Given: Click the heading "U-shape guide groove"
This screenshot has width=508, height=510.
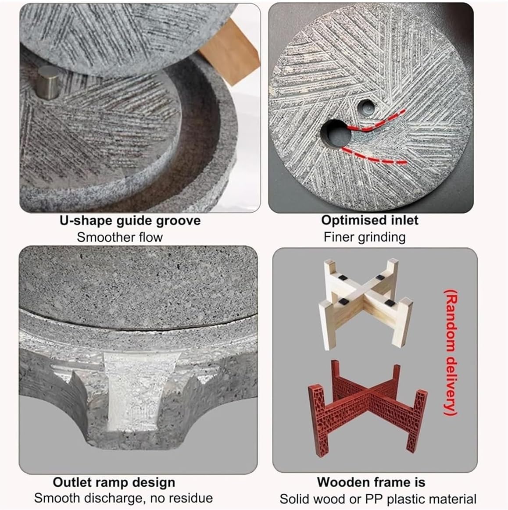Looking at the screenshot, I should [130, 220].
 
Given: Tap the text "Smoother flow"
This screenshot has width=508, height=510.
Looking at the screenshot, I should [120, 237].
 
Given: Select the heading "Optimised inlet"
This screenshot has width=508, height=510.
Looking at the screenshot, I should [370, 220].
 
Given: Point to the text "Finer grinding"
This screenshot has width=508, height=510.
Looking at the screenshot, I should [364, 237].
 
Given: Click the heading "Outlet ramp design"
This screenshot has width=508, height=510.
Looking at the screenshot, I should [114, 482].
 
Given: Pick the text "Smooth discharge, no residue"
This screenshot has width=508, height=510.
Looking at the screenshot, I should [123, 498].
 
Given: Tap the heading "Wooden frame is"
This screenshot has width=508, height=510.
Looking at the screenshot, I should [371, 482].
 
